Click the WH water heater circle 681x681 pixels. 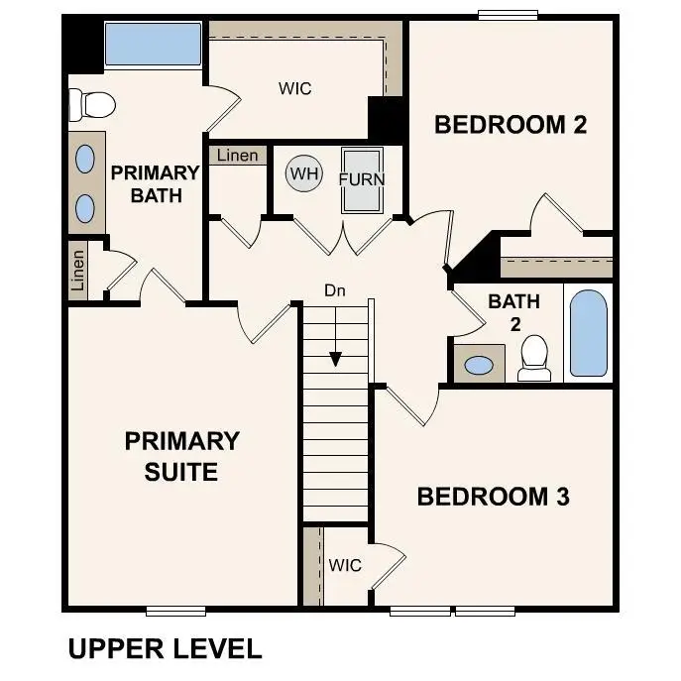[x=304, y=174]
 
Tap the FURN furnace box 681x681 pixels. [x=361, y=180]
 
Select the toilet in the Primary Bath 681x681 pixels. [x=88, y=103]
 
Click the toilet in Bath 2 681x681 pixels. [x=535, y=358]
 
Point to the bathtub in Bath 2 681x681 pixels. [x=588, y=333]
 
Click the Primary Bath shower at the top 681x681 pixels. [x=154, y=45]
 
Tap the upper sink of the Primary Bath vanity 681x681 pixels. [x=85, y=159]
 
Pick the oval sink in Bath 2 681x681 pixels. [x=479, y=366]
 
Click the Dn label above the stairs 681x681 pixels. [x=334, y=290]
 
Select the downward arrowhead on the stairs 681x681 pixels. [x=336, y=359]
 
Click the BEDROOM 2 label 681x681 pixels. [x=511, y=125]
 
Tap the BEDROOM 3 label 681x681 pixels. [x=493, y=497]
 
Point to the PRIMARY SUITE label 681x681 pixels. [x=181, y=455]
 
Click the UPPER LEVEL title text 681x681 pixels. [x=165, y=649]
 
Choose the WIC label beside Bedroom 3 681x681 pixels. [x=345, y=565]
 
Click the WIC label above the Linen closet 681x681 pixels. [x=294, y=88]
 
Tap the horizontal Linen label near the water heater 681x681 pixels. [x=236, y=156]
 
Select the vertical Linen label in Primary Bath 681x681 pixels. [x=78, y=269]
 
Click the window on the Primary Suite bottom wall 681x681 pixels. [x=175, y=611]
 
